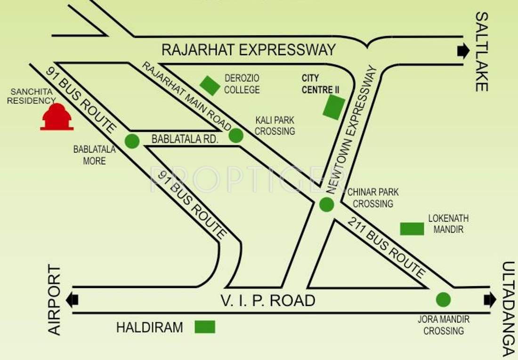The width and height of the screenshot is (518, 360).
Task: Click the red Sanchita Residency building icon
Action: click(57, 117)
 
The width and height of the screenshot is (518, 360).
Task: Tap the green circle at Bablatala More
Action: click(132, 141)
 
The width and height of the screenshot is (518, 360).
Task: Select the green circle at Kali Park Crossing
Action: click(236, 136)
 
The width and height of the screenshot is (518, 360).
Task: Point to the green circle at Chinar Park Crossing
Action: click(326, 205)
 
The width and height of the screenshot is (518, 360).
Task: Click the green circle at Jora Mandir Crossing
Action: click(443, 299)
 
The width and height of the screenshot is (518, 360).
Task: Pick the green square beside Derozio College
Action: click(210, 85)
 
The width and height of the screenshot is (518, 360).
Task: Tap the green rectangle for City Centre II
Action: click(334, 106)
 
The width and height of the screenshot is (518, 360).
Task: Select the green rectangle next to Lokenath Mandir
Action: click(412, 229)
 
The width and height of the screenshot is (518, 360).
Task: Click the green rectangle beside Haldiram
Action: click(205, 327)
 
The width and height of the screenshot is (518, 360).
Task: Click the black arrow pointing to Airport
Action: click(72, 300)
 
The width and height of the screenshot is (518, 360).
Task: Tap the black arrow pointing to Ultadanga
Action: click(490, 300)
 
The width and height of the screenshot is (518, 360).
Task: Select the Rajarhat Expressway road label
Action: click(249, 49)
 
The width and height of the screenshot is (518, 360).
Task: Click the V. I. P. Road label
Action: click(268, 300)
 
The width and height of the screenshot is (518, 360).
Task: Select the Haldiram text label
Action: click(149, 327)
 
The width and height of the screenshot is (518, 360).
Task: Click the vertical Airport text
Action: click(55, 300)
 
